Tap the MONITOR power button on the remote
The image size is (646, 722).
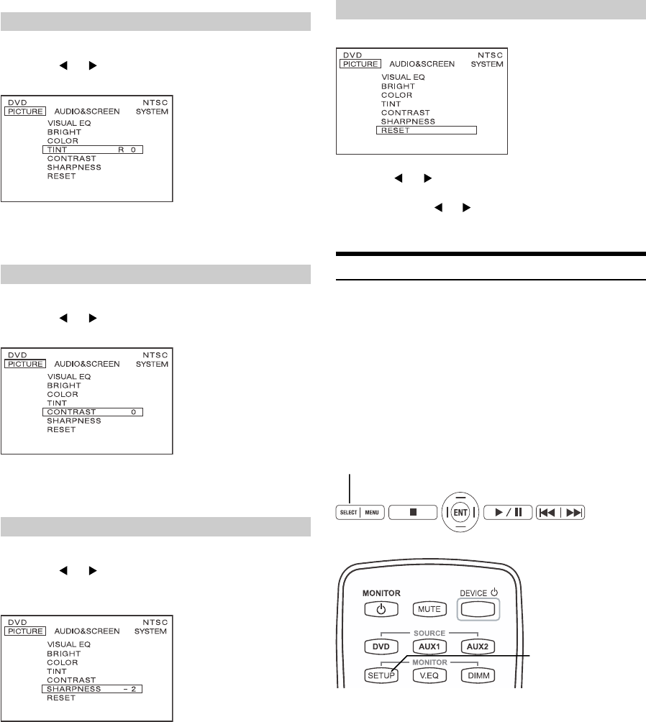pos(381,608)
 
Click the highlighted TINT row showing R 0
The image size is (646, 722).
pos(93,150)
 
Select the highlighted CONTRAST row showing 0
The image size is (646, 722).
pos(93,412)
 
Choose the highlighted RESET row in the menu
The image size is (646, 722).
pos(427,130)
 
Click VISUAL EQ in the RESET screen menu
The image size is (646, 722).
pos(403,77)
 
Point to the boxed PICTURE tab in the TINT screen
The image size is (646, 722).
pos(26,111)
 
